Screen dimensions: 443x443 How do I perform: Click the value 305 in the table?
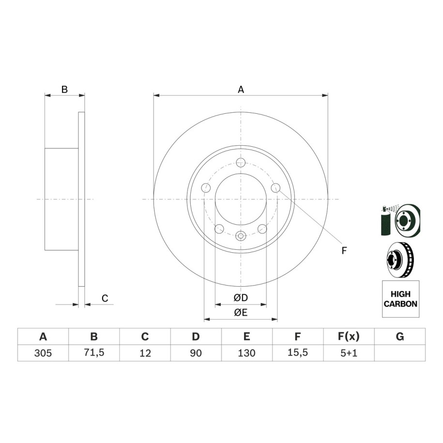[43, 353]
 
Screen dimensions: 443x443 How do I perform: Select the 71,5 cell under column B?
[94, 353]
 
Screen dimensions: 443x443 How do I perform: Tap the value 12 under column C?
[145, 353]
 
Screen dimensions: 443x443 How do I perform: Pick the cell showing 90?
[196, 353]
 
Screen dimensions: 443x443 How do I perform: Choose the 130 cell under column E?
[246, 353]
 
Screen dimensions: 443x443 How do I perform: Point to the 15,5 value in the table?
[298, 353]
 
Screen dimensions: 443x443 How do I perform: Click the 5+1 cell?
[349, 353]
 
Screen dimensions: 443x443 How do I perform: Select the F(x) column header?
[349, 336]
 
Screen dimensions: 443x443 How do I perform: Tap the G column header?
[400, 336]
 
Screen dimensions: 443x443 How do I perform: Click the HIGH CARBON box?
[400, 299]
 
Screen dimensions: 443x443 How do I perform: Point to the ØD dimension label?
[241, 298]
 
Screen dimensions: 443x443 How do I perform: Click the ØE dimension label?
[241, 312]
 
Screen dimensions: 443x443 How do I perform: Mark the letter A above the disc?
[241, 90]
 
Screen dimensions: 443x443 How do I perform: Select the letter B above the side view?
[64, 90]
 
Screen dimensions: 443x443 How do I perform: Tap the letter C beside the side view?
[105, 298]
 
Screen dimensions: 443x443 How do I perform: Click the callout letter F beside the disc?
[344, 251]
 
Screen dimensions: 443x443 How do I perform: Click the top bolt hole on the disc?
[241, 163]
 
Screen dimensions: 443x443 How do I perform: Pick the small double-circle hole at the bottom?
[241, 235]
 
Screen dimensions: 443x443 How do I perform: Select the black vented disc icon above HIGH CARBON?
[400, 260]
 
